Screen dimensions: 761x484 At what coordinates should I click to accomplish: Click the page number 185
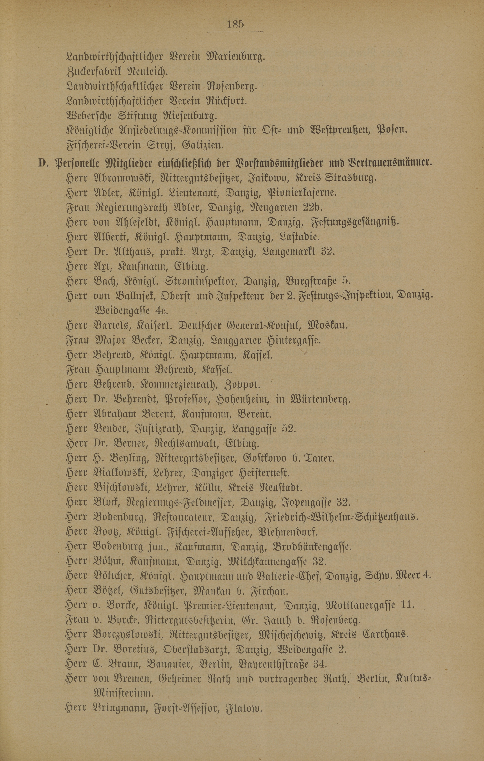coord(235,24)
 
